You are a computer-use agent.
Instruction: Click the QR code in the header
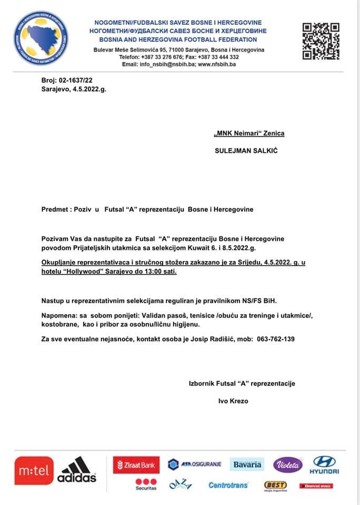(321, 41)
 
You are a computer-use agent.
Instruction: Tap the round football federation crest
(41, 39)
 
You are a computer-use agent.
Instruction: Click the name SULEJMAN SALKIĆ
(246, 150)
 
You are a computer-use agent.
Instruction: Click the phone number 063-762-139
(276, 339)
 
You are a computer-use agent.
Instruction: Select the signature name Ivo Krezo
(233, 401)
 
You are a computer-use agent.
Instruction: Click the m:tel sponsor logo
(34, 470)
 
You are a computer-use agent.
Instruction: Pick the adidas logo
(77, 470)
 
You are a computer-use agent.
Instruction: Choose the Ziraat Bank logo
(136, 464)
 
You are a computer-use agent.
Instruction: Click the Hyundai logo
(324, 465)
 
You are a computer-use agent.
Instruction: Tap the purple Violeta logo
(288, 465)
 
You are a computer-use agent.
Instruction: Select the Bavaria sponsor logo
(247, 464)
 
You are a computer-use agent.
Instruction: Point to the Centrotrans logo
(228, 485)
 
